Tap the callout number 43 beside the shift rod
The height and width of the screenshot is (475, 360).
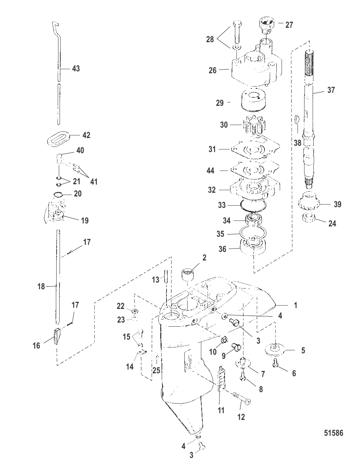coord(76,68)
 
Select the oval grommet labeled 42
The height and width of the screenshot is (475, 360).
coord(58,138)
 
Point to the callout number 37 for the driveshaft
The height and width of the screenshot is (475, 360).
coord(331,90)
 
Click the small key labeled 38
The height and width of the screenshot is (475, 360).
coord(296,119)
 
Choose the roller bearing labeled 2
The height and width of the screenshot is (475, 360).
coord(187,274)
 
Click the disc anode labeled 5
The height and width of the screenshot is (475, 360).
coord(274,350)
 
